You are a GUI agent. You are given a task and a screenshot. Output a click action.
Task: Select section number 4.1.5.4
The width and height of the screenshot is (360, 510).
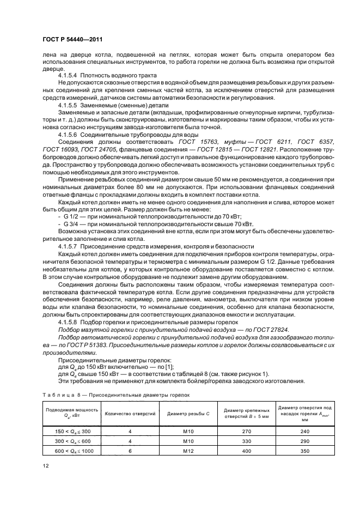point(69,75)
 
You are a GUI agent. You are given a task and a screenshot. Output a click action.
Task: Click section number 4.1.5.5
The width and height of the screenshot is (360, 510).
point(69,104)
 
